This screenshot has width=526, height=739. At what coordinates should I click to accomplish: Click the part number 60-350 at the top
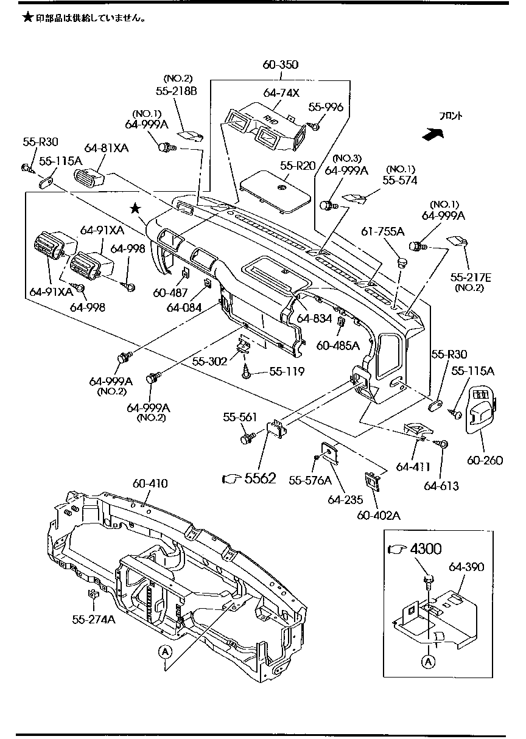[x=280, y=65]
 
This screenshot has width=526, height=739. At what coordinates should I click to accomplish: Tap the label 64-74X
[x=281, y=93]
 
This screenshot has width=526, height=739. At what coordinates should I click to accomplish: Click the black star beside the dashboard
[x=135, y=209]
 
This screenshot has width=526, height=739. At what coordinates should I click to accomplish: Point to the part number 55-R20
[x=298, y=166]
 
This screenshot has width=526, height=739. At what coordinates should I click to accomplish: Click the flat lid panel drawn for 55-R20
[x=278, y=192]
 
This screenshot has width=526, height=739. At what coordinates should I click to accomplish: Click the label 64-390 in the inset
[x=466, y=567]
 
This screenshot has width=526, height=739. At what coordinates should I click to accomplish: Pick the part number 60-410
[x=150, y=483]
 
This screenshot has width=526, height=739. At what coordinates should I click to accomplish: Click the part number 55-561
[x=240, y=417]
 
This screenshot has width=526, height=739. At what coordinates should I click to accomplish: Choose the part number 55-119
[x=287, y=371]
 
